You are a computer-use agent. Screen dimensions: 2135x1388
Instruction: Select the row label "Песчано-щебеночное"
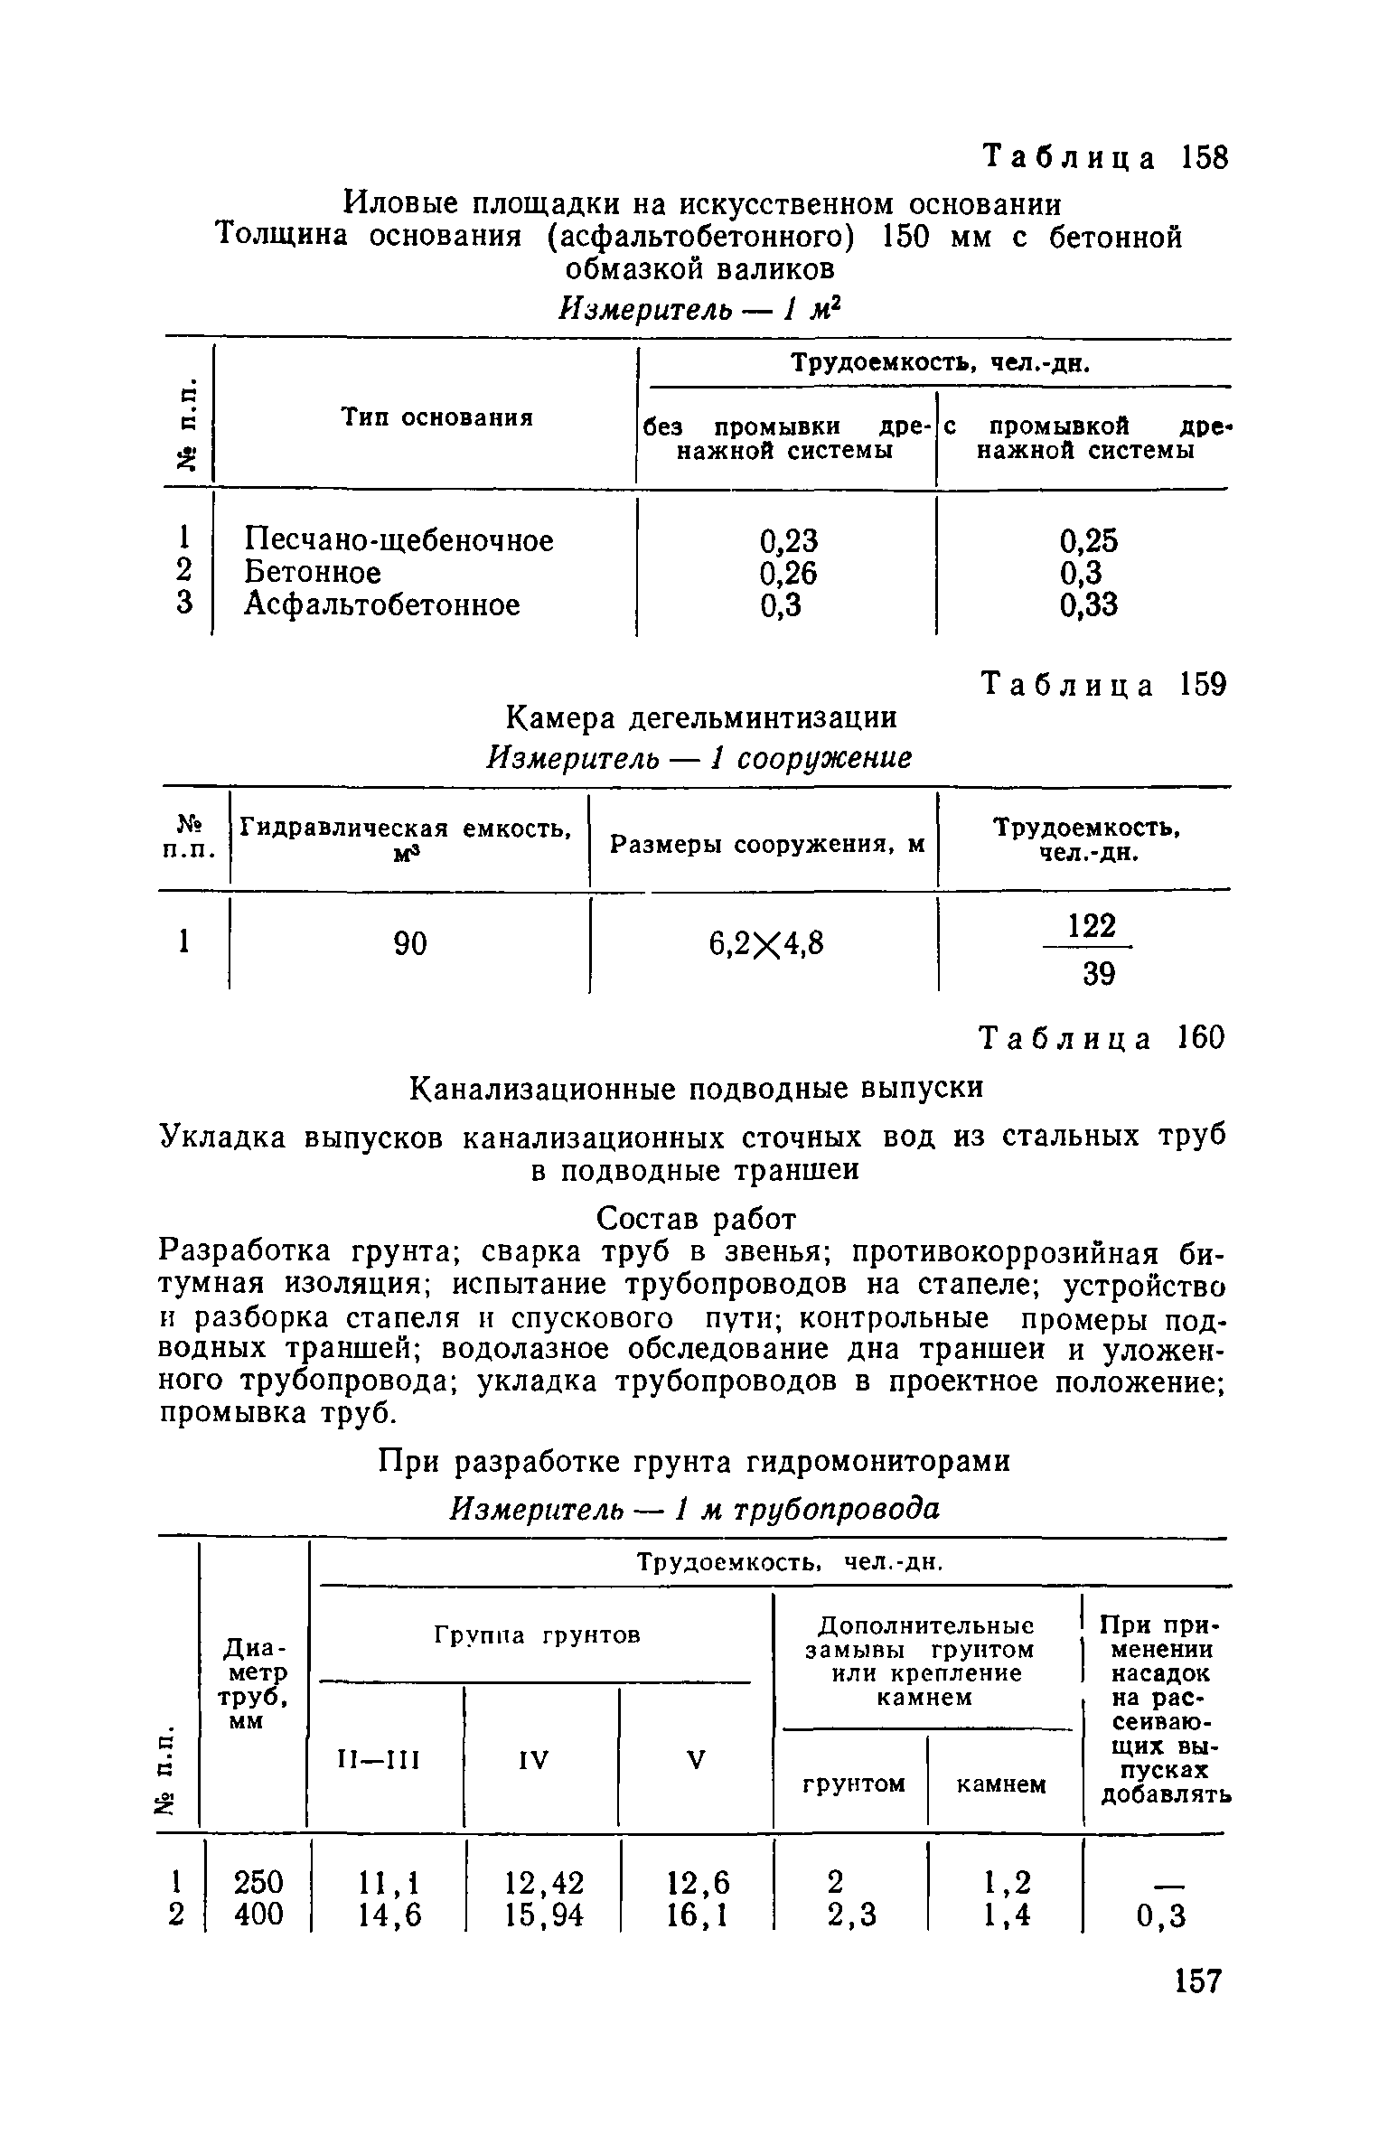pos(399,540)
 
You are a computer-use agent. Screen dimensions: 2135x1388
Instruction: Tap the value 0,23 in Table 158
pos(788,540)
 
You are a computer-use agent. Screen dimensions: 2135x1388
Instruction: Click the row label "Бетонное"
pos(313,573)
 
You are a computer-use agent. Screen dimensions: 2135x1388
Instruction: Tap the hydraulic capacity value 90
pos(409,944)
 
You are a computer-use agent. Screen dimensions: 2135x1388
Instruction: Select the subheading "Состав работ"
pos(697,1219)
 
